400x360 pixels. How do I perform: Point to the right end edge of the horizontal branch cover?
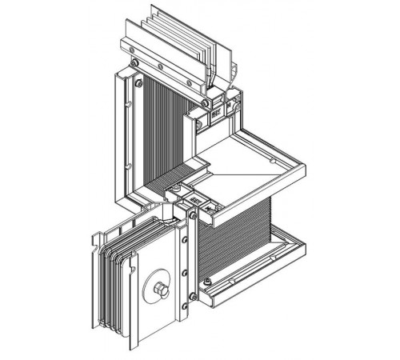pos(303,170)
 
